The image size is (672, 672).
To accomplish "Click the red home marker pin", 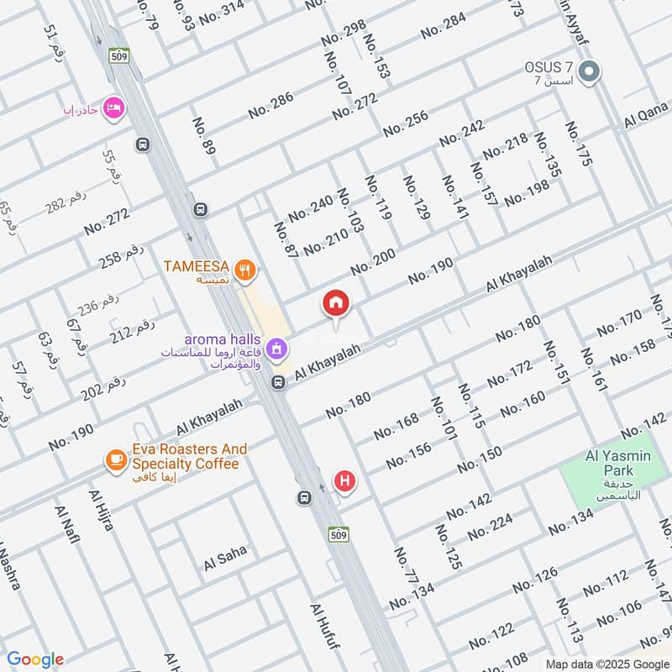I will coord(336,304).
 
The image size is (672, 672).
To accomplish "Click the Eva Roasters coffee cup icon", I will coord(114,459).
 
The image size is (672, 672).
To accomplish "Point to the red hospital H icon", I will coord(344,481).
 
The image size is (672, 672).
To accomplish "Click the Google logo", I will coord(35,659).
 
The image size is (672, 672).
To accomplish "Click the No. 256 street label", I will coord(405,123).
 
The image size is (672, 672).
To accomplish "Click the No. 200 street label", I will coord(372,263).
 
